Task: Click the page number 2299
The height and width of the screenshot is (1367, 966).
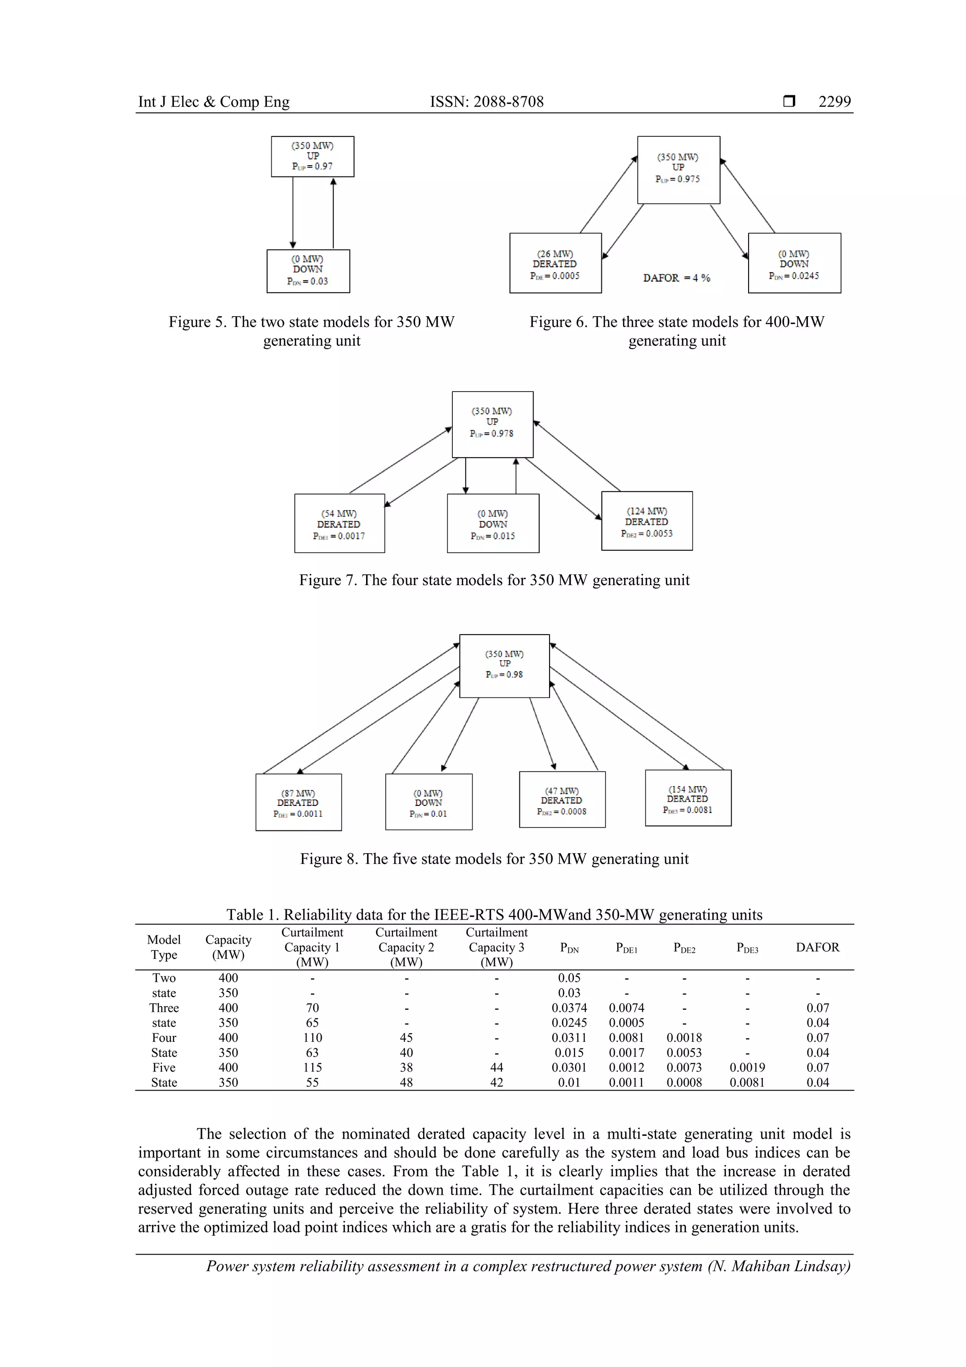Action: pos(834,102)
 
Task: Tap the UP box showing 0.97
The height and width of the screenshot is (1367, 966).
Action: pos(312,157)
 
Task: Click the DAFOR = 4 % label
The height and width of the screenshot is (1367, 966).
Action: pos(676,278)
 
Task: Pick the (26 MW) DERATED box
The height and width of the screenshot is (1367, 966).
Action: pos(555,263)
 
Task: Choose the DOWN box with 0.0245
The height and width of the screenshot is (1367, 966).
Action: pos(794,263)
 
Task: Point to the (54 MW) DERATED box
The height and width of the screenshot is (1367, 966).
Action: pos(339,523)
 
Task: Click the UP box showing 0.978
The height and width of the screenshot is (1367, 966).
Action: pos(492,424)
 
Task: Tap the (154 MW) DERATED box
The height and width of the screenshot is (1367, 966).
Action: pos(688,798)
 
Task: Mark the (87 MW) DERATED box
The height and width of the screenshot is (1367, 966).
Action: pos(298,802)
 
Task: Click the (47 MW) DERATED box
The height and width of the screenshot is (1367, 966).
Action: pos(562,800)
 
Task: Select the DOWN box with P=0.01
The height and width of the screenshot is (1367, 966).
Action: pos(429,802)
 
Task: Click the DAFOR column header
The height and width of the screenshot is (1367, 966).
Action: pos(817,947)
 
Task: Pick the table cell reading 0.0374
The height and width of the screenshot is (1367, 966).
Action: pos(569,1008)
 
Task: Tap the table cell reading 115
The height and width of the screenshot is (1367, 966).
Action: pos(312,1067)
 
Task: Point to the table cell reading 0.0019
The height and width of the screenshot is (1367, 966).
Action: pos(747,1067)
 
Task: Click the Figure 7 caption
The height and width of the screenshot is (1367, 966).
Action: pos(494,580)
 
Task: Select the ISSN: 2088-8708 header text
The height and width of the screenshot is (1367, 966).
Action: pos(486,102)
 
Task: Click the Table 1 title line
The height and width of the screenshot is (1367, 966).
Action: pos(494,914)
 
